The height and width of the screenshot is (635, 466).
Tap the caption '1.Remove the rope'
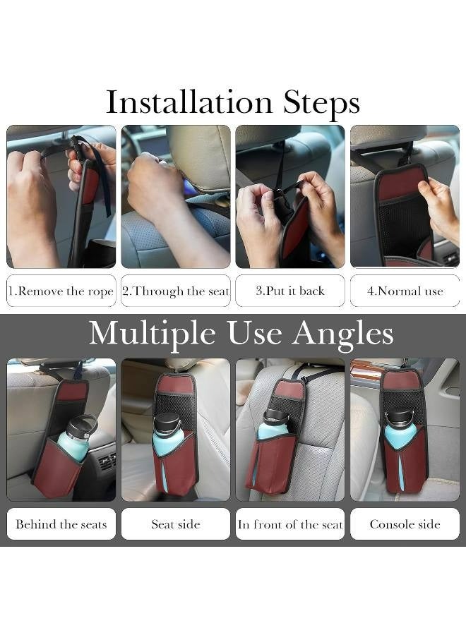[x=61, y=291]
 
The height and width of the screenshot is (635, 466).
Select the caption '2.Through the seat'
[x=176, y=291]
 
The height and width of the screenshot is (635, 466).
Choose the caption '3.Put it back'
[x=290, y=291]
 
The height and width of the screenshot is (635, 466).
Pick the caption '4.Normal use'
[x=405, y=291]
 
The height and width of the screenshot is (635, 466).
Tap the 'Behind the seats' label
[x=61, y=524]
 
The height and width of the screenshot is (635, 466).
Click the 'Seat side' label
[x=176, y=524]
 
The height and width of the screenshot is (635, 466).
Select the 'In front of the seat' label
[x=290, y=524]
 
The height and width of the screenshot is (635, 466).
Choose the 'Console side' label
[x=405, y=524]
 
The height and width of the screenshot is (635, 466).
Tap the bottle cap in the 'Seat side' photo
[x=168, y=422]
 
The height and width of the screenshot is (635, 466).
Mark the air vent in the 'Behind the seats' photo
[x=105, y=461]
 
